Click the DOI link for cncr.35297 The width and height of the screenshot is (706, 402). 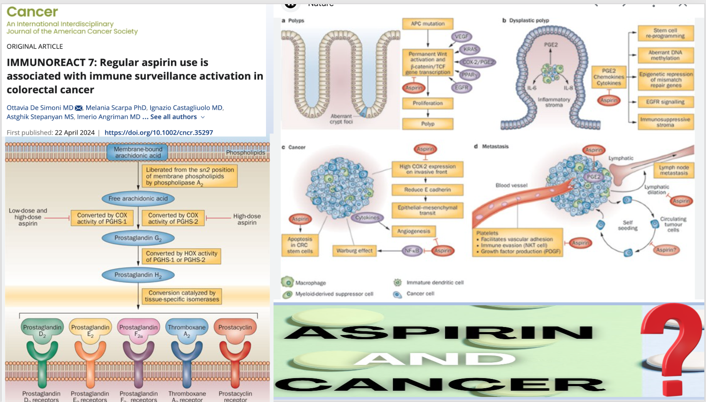point(159,133)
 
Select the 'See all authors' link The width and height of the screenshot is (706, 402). point(174,117)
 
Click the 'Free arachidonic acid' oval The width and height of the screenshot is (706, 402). point(138,198)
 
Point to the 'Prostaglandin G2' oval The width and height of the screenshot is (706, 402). point(138,238)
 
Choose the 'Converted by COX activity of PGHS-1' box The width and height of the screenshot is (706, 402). point(102,218)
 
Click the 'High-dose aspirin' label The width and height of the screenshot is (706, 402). point(247,219)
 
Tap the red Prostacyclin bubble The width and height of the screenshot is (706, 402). point(235,327)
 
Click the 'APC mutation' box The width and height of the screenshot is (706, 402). point(427,24)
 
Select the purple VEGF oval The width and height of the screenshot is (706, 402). point(461,36)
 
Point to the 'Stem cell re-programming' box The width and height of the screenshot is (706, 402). point(665,33)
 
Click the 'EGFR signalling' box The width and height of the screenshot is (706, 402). point(665,102)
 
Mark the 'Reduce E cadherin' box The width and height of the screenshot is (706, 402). point(427,190)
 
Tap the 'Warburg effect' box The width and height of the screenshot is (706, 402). point(354,250)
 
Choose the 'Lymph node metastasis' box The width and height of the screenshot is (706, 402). point(674,170)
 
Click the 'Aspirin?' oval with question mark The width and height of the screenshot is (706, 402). point(666,250)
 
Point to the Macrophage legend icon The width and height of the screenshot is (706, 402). point(287,282)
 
